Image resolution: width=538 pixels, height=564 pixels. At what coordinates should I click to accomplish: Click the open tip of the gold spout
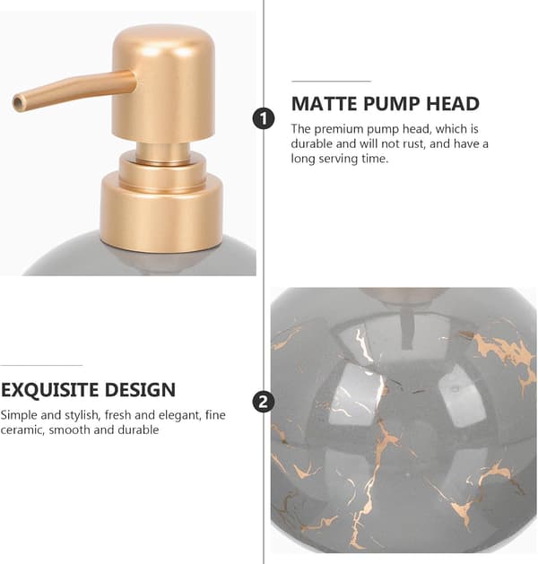click(18, 103)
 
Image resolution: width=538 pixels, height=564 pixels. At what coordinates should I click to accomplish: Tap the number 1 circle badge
click(264, 118)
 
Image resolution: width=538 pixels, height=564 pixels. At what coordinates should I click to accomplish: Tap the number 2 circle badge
click(264, 402)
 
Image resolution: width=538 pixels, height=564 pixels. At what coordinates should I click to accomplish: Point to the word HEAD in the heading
click(453, 104)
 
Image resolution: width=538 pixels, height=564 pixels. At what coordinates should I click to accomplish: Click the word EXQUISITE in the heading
click(49, 390)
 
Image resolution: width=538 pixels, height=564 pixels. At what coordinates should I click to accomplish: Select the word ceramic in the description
click(22, 430)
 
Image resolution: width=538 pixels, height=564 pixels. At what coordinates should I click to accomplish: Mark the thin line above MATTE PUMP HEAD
click(331, 82)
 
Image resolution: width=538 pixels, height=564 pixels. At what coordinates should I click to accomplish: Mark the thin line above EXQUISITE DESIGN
click(41, 366)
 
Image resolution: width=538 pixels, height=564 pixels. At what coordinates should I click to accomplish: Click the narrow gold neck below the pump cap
click(163, 153)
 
